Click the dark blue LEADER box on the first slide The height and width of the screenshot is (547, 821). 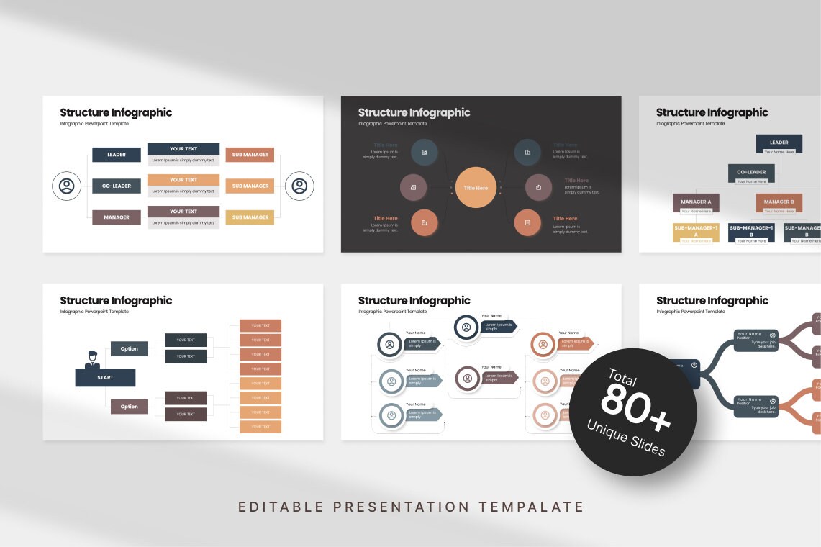click(117, 155)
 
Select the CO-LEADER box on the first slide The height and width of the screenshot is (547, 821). click(117, 186)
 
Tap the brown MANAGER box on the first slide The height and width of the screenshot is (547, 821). click(117, 217)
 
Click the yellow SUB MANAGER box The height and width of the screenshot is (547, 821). click(250, 217)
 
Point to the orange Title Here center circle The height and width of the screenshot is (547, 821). click(476, 188)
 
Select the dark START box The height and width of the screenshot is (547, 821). click(105, 377)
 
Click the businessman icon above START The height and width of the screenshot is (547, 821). click(92, 359)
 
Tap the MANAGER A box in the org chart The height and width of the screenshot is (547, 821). click(696, 202)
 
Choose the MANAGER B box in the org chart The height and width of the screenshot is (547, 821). click(779, 202)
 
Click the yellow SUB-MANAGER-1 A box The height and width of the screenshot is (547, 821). click(696, 231)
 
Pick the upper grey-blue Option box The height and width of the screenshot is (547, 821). click(130, 349)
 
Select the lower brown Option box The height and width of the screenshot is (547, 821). click(130, 407)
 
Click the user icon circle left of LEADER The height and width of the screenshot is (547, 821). click(67, 186)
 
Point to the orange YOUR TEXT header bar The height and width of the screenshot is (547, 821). click(183, 180)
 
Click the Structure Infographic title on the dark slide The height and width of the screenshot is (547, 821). click(414, 112)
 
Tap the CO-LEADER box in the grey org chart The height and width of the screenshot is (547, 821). click(751, 172)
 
